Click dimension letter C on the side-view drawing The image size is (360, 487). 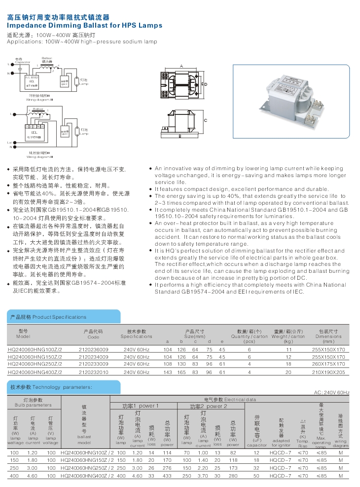[205, 120]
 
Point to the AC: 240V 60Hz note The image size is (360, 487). [331, 393]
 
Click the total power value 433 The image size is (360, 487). [168, 476]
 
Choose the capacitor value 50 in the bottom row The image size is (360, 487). [256, 476]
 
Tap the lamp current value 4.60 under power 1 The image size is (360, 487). [138, 476]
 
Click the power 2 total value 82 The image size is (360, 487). [233, 452]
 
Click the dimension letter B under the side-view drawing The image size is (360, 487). [180, 137]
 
